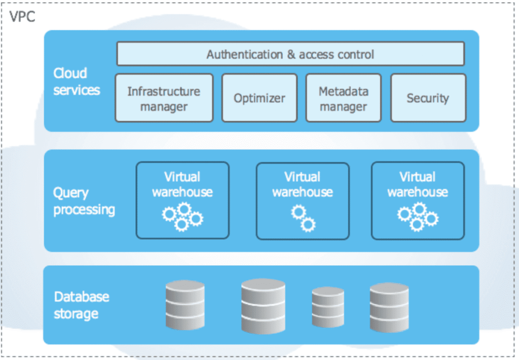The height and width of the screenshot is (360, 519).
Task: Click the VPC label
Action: tap(22, 17)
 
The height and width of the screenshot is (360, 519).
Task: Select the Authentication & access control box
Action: tap(290, 54)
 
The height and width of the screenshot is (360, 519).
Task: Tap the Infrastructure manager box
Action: tap(164, 98)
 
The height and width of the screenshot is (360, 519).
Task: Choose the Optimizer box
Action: tap(259, 98)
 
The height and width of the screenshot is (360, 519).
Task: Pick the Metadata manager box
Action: tap(344, 98)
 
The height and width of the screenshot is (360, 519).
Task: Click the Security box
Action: tap(428, 98)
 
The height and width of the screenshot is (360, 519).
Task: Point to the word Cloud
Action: tap(70, 73)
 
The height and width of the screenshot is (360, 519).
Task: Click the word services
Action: tap(77, 90)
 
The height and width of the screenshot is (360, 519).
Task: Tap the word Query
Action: tap(71, 193)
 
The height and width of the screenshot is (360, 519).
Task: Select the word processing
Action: tap(84, 210)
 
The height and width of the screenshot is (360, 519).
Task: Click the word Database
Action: tap(82, 297)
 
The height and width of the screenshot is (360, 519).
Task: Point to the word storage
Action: tap(76, 314)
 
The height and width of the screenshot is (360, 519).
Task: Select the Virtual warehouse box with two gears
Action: tap(303, 201)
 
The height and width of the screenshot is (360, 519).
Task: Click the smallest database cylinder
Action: tap(328, 307)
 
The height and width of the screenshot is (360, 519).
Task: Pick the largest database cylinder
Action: tap(263, 306)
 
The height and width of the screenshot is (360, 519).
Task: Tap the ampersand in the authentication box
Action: tap(291, 54)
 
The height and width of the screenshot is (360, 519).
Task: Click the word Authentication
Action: tap(245, 54)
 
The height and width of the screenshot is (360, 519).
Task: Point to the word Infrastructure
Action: tap(164, 91)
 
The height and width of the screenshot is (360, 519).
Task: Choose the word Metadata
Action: tap(344, 91)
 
